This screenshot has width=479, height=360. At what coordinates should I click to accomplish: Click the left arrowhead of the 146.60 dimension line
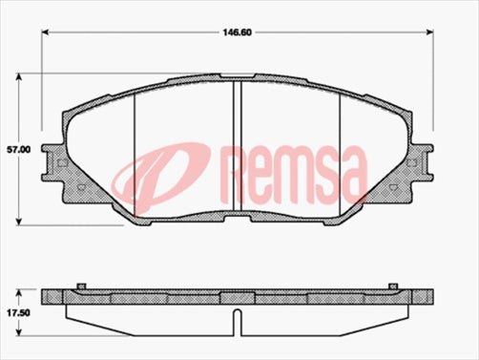pyautogui.click(x=46, y=33)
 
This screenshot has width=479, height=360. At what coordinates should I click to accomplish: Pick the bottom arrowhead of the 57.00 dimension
pyautogui.click(x=27, y=221)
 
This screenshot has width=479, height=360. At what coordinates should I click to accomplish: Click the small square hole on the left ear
pyautogui.click(x=61, y=162)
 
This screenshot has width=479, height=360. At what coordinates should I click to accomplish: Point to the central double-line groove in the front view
pyautogui.click(x=238, y=143)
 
